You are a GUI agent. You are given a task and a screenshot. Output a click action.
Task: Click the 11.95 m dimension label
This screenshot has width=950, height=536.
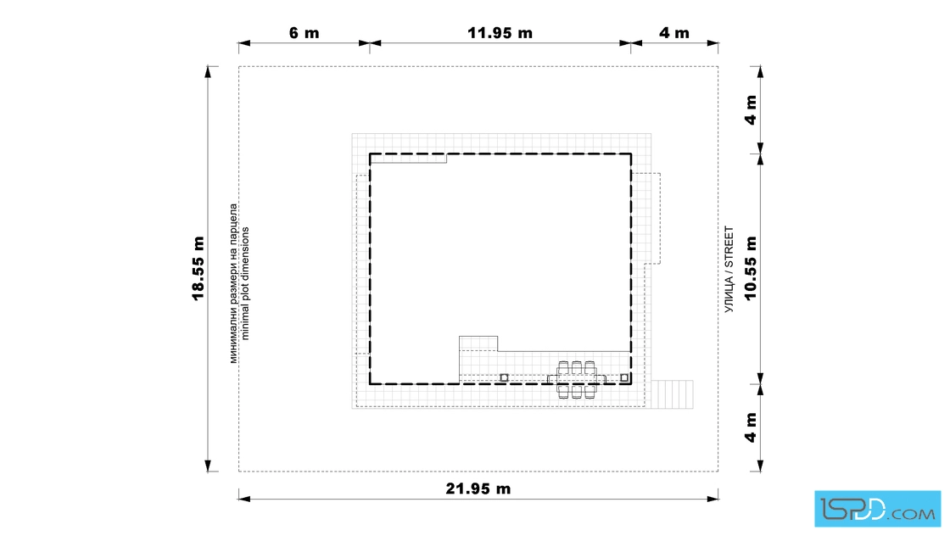(x=500, y=33)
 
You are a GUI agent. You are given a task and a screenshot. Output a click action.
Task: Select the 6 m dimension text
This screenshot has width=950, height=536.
(x=305, y=33)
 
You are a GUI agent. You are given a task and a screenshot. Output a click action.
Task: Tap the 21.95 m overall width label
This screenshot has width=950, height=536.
(x=478, y=489)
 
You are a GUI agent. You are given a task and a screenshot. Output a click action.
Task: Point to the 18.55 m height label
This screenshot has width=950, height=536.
(x=198, y=268)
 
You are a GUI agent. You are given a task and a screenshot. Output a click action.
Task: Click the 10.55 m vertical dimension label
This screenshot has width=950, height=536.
(x=751, y=268)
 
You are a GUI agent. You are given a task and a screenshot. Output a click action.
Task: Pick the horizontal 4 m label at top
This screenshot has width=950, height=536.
(x=674, y=33)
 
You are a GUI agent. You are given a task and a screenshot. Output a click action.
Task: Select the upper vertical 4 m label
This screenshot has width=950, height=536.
(x=751, y=109)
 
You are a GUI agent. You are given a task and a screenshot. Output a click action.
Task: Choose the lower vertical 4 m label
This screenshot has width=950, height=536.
(x=751, y=427)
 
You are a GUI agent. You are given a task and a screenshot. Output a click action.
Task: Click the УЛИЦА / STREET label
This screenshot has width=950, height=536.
(x=729, y=270)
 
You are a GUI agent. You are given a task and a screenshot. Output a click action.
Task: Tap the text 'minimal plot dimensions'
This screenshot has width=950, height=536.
(x=245, y=283)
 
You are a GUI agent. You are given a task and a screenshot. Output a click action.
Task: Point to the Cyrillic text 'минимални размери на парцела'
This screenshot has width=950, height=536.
(x=233, y=283)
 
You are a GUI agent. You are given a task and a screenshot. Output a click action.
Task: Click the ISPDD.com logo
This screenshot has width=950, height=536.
(x=877, y=509)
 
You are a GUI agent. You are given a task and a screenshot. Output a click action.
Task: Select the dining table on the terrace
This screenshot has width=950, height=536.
(x=577, y=380)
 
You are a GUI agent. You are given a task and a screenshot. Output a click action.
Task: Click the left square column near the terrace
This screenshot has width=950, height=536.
(x=504, y=378)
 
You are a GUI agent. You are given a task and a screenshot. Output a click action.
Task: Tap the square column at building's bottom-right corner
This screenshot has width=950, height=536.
(x=624, y=378)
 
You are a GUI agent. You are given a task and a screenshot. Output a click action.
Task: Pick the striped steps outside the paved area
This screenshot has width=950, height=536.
(x=672, y=394)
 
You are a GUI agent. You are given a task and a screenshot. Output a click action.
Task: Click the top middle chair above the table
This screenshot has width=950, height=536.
(x=577, y=368)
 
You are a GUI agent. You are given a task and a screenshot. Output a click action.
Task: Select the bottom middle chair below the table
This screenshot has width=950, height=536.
(x=577, y=392)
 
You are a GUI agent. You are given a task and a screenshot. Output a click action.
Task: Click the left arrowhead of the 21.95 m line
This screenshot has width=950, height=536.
(x=244, y=499)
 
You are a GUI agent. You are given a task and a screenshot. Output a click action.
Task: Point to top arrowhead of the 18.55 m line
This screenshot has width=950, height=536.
(x=208, y=72)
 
